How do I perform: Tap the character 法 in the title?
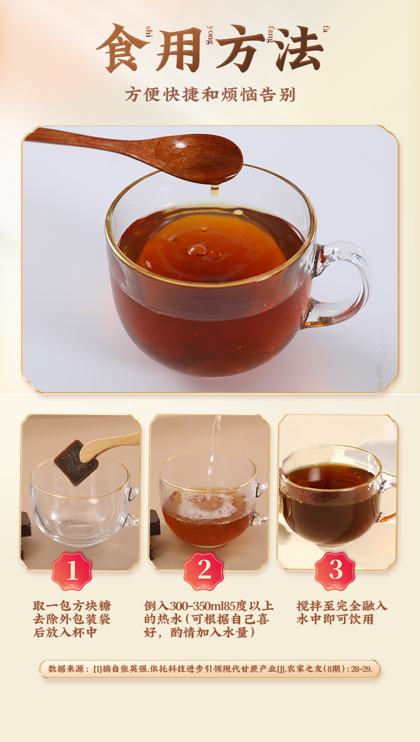[300, 48]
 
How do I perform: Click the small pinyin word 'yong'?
[209, 35]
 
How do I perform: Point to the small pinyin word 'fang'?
[271, 34]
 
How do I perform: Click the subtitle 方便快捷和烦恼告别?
[210, 95]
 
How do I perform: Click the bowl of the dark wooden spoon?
[199, 158]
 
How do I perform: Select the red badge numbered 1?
[72, 570]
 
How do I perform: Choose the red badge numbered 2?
[204, 570]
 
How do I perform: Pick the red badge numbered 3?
[335, 570]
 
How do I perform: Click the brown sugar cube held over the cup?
[75, 463]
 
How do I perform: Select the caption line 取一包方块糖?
[72, 606]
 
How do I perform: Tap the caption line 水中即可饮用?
[335, 619]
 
